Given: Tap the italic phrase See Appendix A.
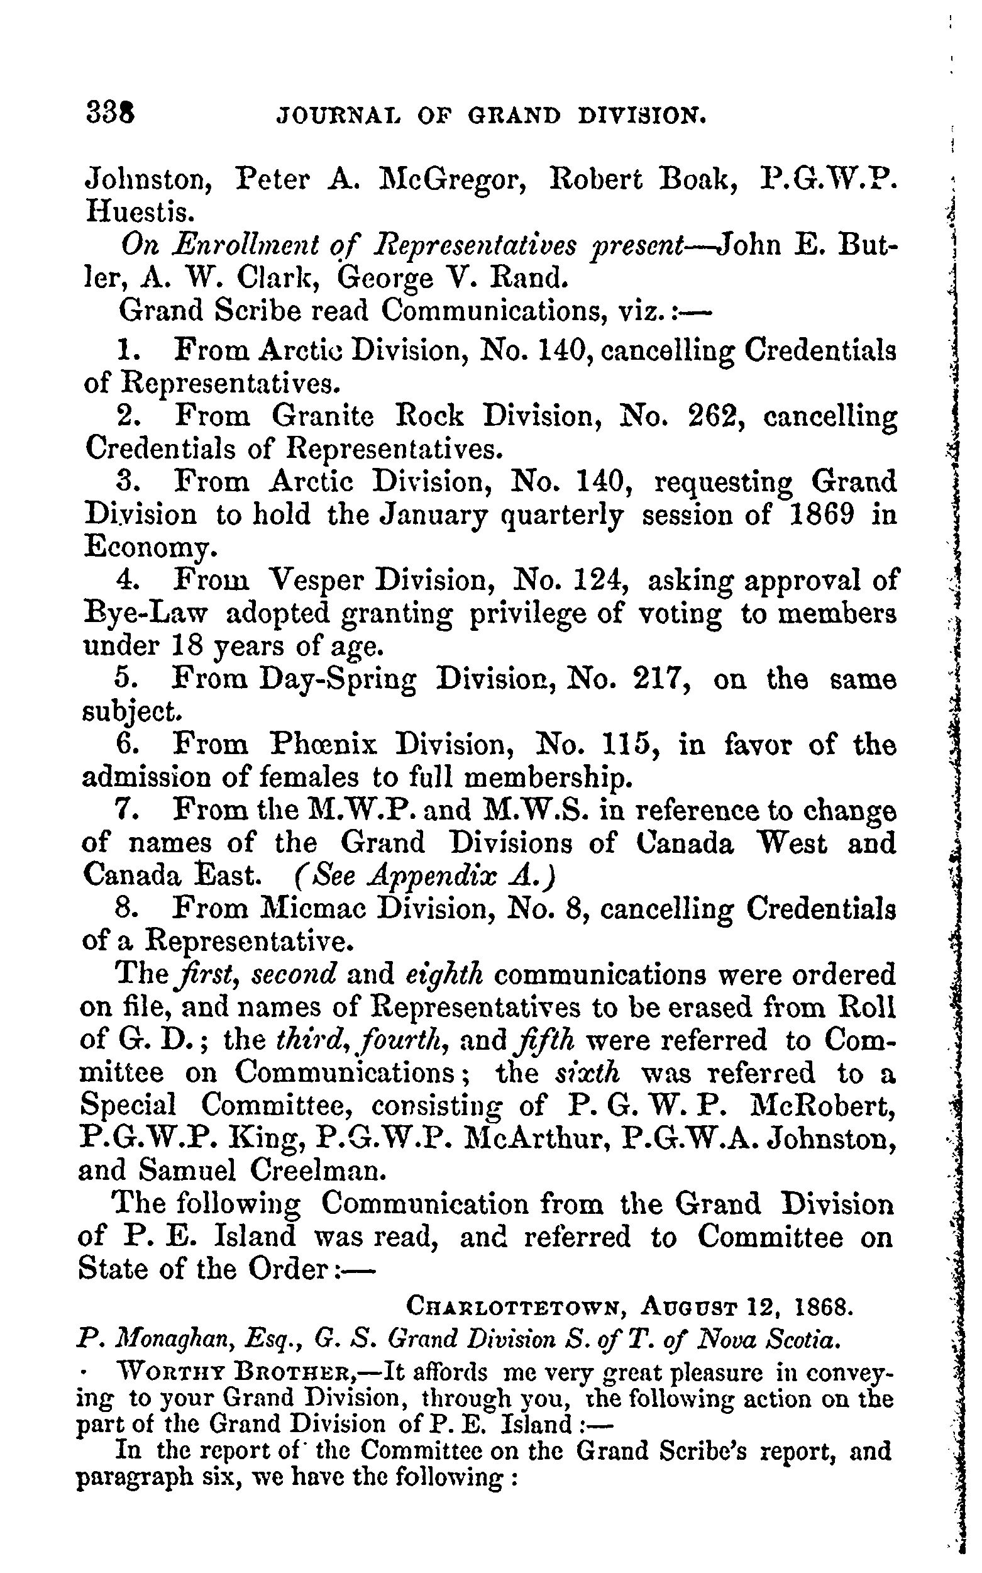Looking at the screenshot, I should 426,877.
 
